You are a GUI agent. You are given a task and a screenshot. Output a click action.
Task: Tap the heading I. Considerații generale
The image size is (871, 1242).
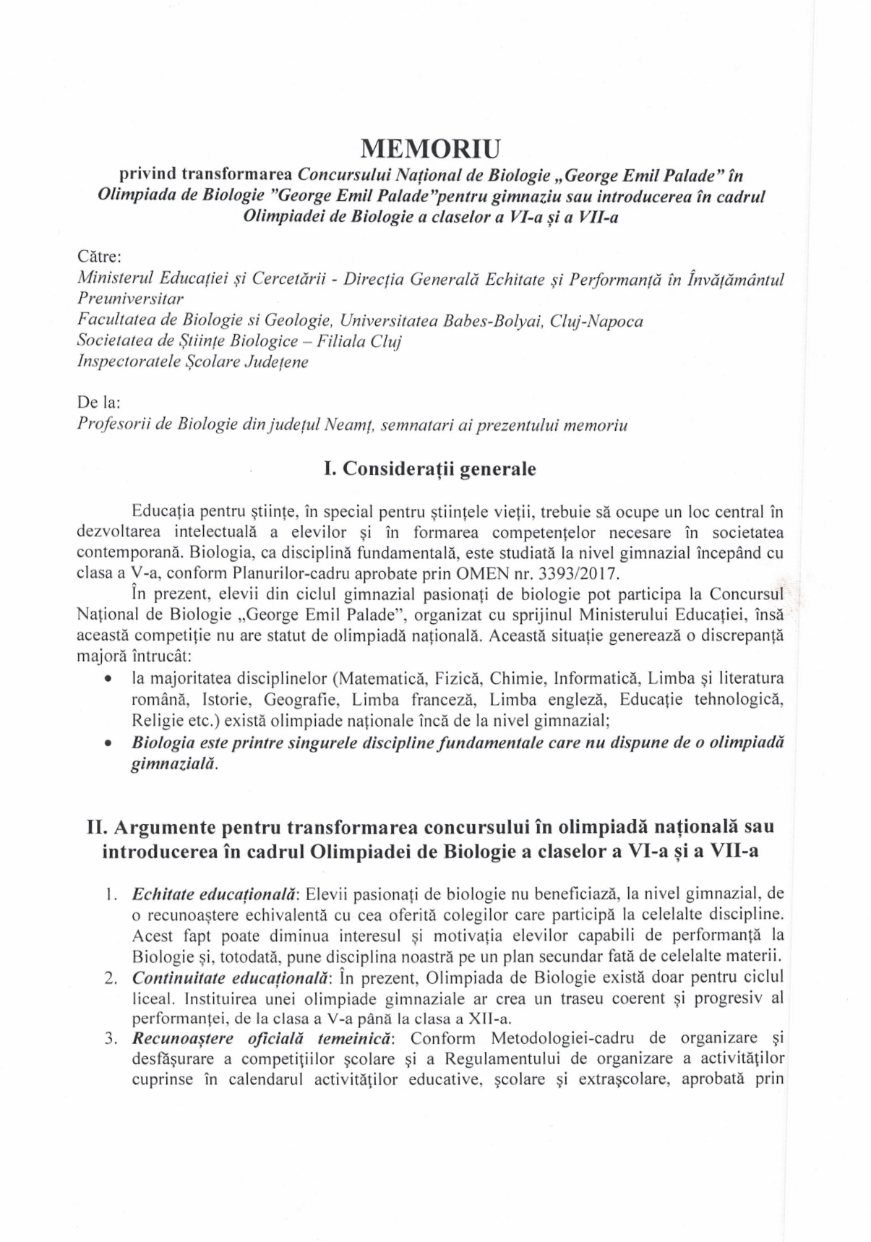pyautogui.click(x=430, y=468)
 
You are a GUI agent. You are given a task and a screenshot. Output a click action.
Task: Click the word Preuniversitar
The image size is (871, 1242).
pyautogui.click(x=130, y=299)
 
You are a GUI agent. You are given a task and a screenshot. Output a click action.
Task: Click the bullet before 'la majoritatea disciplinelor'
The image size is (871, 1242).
pyautogui.click(x=108, y=680)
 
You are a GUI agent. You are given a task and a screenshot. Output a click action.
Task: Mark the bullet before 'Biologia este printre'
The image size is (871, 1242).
pyautogui.click(x=108, y=742)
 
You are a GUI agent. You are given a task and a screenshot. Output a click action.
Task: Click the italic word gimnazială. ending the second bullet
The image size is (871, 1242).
pyautogui.click(x=174, y=763)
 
